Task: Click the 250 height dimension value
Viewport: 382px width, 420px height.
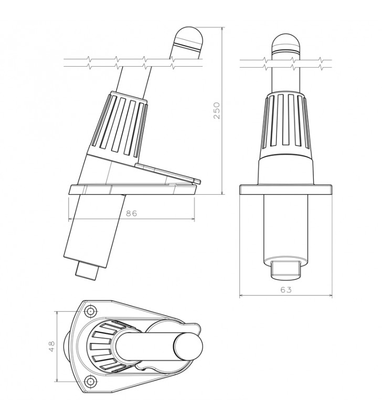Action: [216, 110]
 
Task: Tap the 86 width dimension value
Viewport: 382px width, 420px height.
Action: [131, 214]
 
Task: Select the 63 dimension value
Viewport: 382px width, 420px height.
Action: [286, 290]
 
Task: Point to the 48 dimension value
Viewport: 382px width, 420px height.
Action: [51, 346]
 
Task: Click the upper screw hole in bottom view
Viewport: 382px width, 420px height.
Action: [90, 311]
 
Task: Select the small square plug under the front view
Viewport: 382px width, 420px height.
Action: [285, 270]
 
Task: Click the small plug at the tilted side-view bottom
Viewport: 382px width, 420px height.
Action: [87, 271]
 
